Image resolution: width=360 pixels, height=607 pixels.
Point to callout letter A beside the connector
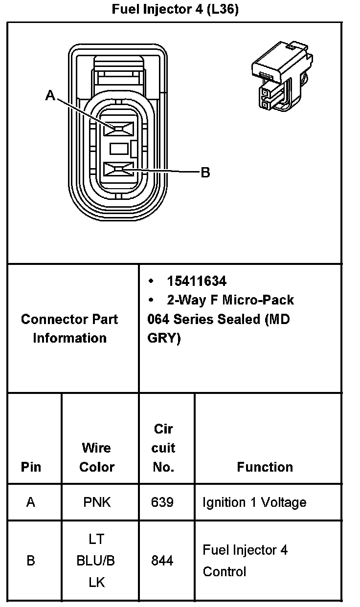[x=50, y=95]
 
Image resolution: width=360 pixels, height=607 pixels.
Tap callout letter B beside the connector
[x=205, y=173]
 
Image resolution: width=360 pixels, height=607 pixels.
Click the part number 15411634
[x=197, y=281]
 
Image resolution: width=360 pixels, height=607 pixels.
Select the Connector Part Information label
[x=69, y=328]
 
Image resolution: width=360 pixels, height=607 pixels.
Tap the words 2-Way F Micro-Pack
[x=230, y=300]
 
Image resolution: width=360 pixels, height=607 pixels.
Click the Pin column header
[x=31, y=467]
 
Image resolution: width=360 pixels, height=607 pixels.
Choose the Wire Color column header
[x=97, y=457]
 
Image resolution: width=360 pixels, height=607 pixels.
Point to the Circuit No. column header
[x=163, y=448]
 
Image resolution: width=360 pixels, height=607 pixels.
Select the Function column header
[x=265, y=467]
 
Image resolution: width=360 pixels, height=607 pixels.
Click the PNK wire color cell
[x=97, y=502]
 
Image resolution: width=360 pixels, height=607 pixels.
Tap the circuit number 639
[x=162, y=502]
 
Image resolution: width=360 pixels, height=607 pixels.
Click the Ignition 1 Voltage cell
[x=254, y=502]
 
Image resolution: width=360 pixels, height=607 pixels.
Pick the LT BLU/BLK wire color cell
[x=96, y=561]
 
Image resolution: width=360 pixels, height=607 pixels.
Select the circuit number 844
[x=162, y=561]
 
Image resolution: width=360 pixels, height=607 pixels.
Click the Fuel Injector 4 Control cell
[x=245, y=561]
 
